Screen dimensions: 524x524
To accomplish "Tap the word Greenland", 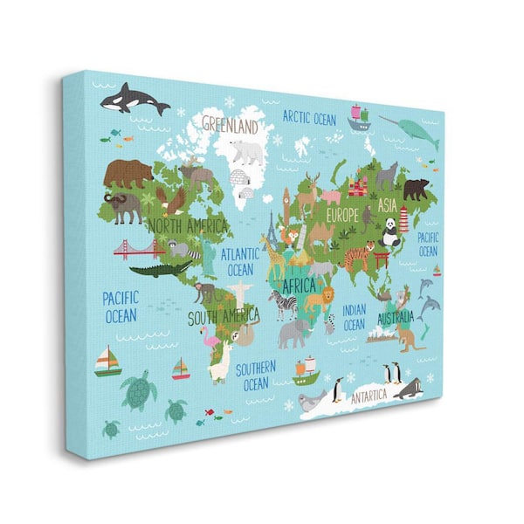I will [231, 125].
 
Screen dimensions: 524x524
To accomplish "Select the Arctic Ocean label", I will [309, 117].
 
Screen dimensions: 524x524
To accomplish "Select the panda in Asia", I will [390, 231].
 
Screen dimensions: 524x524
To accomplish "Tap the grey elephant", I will [293, 331].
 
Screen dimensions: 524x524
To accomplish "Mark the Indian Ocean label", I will [354, 317].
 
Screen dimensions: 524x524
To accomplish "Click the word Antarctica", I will [369, 396].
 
